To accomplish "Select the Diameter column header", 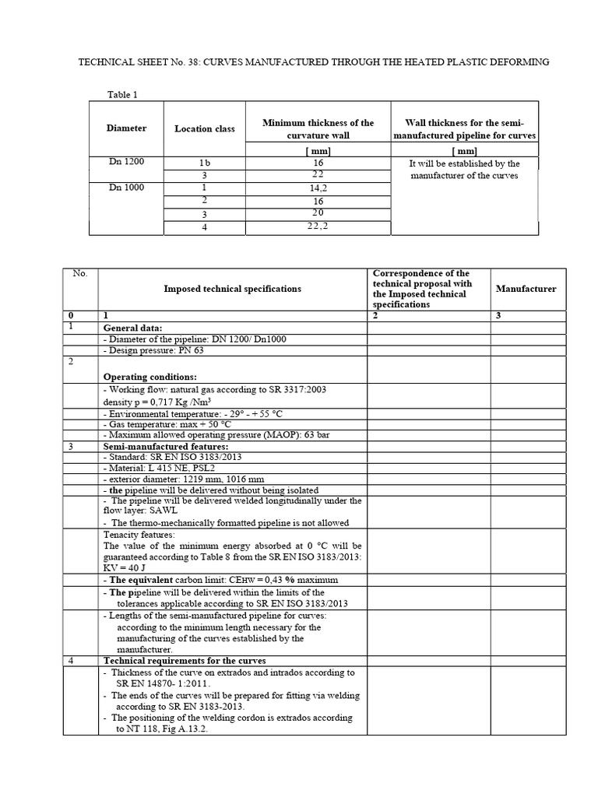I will [127, 128].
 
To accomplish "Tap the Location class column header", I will [204, 128].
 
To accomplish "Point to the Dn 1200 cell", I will [125, 162].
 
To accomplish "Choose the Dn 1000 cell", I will [125, 187].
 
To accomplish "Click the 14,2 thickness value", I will [318, 188].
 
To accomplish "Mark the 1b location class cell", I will [204, 163].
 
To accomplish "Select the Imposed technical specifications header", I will [232, 289].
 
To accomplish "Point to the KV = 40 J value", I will [126, 567].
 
